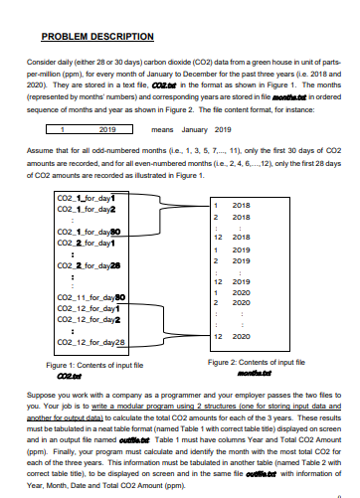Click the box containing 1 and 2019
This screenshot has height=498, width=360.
pyautogui.click(x=95, y=128)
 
